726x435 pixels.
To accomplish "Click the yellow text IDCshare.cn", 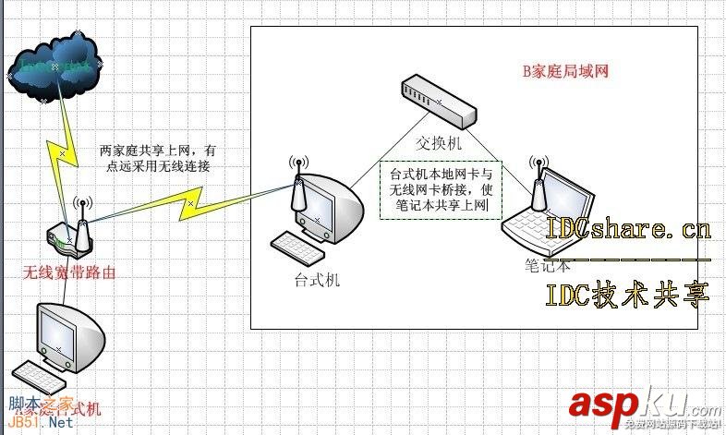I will tap(628, 228).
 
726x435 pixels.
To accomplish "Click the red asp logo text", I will tap(605, 405).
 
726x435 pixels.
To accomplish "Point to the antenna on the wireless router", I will tap(81, 222).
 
